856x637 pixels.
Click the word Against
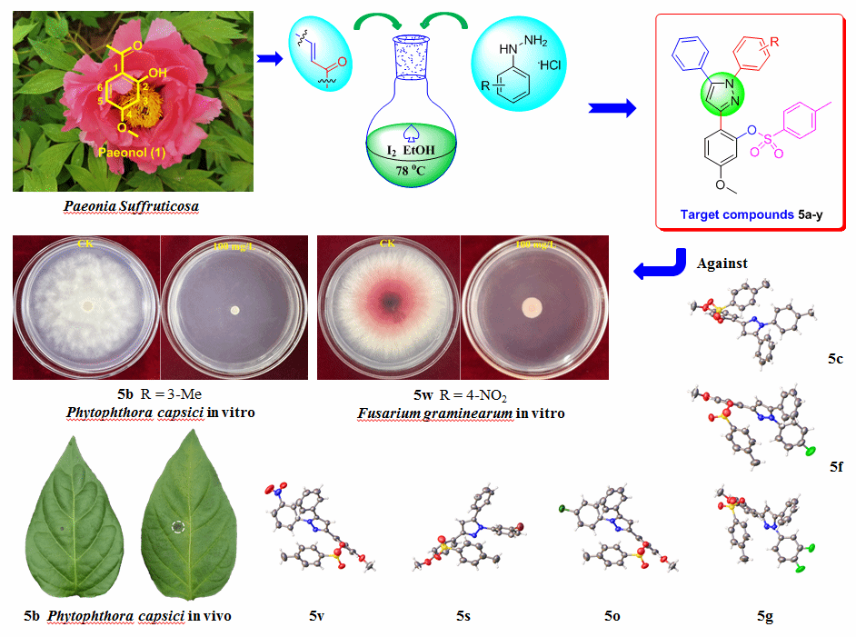tap(722, 264)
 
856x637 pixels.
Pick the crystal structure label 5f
tap(836, 466)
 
